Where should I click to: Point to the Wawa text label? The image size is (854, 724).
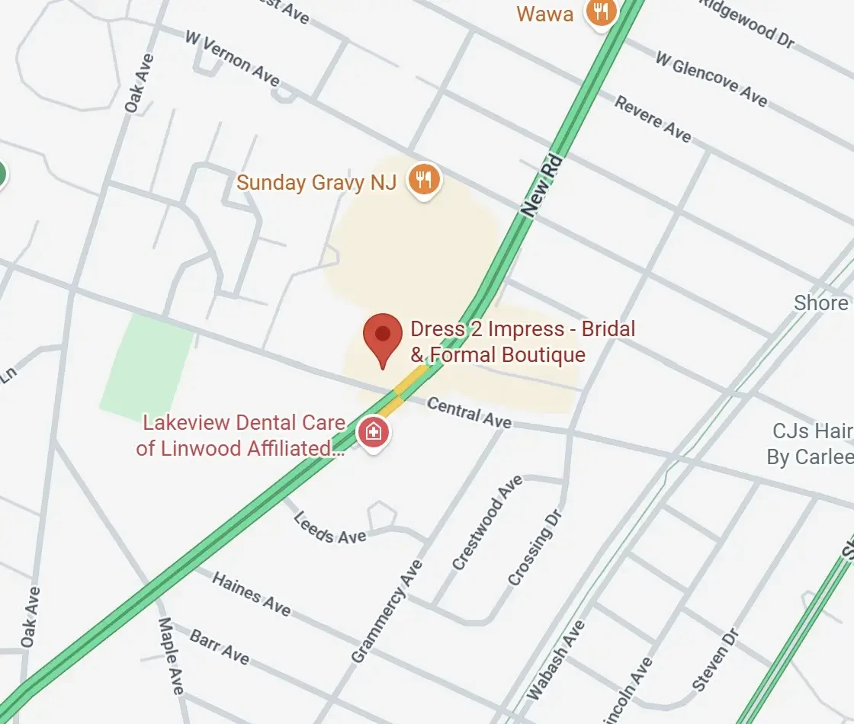544,14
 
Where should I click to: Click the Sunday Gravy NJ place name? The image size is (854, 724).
316,182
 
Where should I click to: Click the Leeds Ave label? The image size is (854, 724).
330,527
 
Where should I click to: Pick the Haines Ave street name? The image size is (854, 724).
251,594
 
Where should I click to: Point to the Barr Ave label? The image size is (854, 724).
220,646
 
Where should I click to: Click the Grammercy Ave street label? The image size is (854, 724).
387,611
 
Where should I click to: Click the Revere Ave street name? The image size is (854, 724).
653,119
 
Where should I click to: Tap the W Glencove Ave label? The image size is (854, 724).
711,79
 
